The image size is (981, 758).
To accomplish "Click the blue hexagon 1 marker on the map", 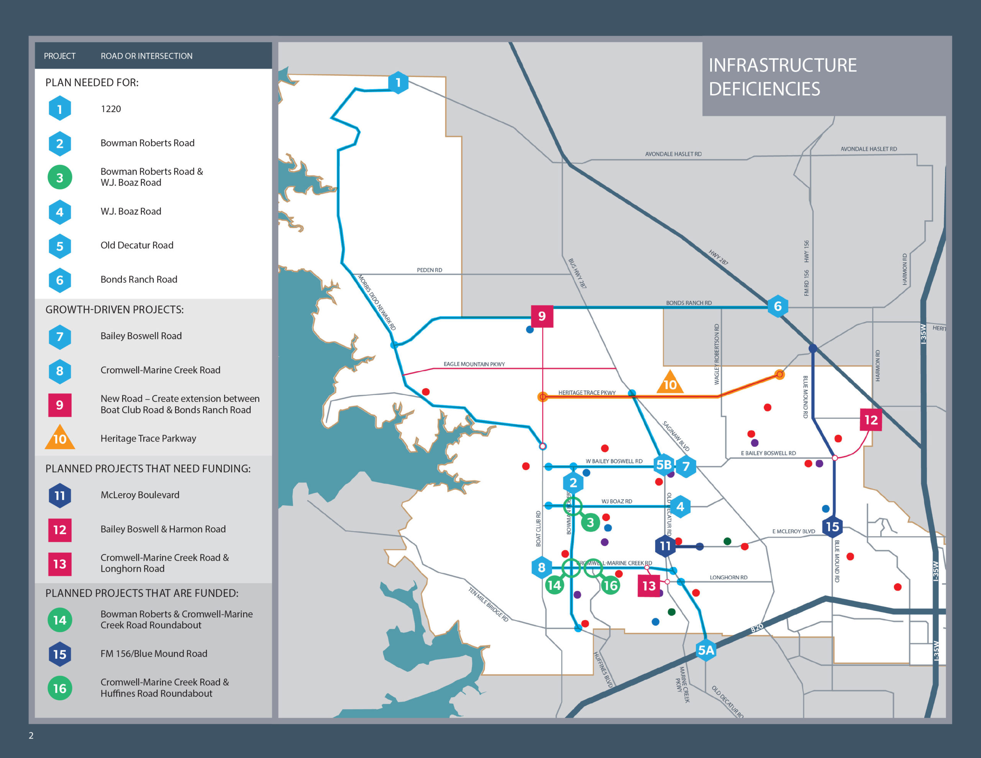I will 398,83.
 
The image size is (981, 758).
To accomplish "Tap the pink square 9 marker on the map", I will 542,316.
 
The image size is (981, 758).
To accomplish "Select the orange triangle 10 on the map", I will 670,383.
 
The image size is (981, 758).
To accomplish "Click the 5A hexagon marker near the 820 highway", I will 705,650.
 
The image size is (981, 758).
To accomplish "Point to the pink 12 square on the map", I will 871,420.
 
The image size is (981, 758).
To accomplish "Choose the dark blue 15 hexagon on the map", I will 832,527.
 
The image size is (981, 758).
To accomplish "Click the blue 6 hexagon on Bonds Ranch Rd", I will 778,307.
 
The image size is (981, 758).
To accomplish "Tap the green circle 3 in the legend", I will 60,177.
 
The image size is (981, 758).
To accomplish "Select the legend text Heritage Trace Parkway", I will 148,438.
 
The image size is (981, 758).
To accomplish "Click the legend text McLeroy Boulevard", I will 140,495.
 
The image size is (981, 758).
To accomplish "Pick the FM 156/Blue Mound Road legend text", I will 154,654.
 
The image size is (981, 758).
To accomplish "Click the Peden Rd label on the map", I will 430,270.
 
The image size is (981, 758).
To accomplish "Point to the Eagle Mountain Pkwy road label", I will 474,364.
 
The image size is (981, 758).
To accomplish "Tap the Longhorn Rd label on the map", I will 728,578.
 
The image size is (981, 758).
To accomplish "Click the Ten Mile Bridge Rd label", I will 488,604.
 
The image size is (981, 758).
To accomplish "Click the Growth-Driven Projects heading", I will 115,310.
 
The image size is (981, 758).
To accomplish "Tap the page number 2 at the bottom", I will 31,735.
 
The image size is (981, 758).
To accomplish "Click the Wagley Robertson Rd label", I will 717,354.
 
